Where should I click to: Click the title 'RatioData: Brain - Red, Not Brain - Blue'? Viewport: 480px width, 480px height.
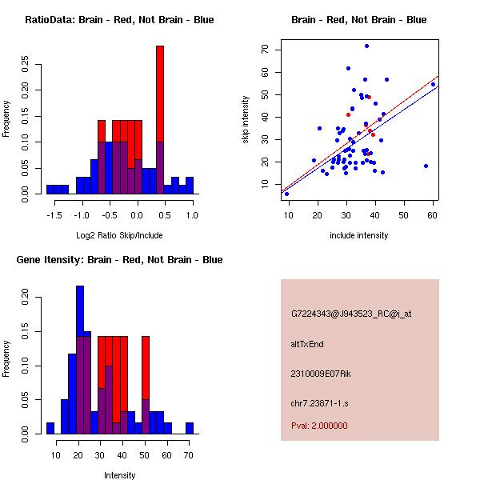(x=118, y=20)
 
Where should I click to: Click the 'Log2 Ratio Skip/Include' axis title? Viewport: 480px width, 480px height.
(x=118, y=235)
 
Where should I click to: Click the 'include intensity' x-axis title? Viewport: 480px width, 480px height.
(x=358, y=235)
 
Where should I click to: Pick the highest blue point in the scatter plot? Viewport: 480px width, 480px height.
(x=366, y=46)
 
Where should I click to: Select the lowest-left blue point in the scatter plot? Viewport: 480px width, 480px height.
(x=286, y=194)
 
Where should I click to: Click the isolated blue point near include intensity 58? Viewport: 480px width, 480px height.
(x=426, y=166)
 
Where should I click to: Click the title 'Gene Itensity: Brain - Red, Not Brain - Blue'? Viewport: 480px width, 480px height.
(x=118, y=260)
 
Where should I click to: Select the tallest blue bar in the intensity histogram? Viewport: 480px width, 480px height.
(x=80, y=360)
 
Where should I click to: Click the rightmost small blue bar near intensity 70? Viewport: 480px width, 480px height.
(x=189, y=428)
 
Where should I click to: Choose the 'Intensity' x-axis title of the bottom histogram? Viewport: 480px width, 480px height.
(x=119, y=475)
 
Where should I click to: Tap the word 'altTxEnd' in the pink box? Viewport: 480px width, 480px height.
(x=308, y=344)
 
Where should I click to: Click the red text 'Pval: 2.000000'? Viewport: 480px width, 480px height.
(x=319, y=426)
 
